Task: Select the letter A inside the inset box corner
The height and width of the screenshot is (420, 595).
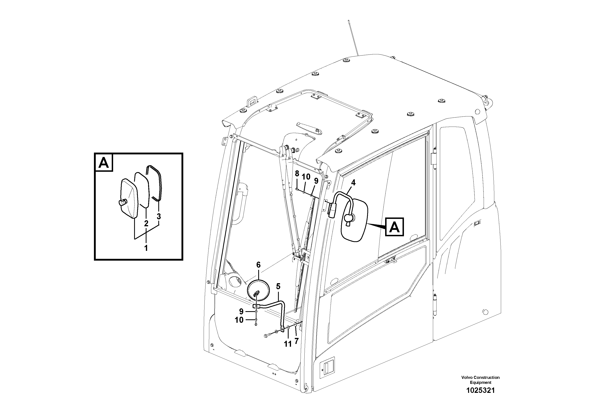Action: point(104,163)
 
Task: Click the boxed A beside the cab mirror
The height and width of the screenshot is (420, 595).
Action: point(394,227)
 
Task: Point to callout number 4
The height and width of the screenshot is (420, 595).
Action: point(353,183)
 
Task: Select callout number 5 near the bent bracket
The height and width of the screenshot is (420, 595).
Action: point(278,286)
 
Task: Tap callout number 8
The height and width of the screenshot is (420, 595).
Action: point(297,174)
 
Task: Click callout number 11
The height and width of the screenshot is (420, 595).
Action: point(288,344)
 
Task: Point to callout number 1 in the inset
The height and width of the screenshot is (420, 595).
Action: point(146,248)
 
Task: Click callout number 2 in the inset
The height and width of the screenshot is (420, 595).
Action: point(146,223)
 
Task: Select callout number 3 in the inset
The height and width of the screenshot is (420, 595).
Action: point(159,216)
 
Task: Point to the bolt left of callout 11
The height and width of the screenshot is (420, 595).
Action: point(267,336)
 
